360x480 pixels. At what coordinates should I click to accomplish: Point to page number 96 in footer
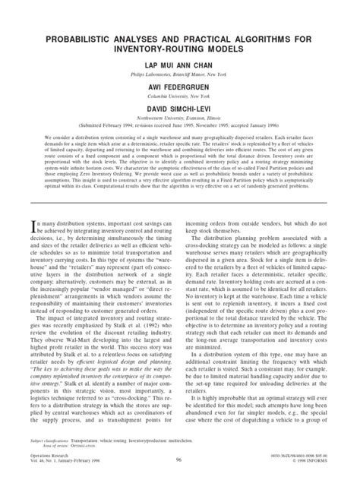(x=179, y=460)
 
